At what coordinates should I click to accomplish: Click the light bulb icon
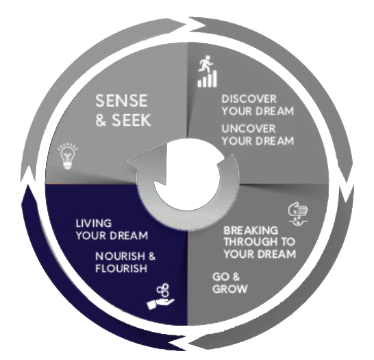point(68,156)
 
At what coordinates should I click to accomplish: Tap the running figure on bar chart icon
point(208,71)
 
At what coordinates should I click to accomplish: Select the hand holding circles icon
point(160,296)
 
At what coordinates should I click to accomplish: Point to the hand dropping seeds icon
point(298,214)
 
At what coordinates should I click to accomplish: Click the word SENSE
point(121,101)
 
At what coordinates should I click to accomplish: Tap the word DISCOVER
point(249,99)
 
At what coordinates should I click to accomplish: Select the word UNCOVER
point(249,129)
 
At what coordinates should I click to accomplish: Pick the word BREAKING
point(251,230)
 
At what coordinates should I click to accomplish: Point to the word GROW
point(229,289)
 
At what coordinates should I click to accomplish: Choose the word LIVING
point(94,224)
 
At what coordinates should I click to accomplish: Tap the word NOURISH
point(121,256)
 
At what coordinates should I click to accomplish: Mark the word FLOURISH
point(121,268)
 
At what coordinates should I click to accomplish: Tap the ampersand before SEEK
point(101,120)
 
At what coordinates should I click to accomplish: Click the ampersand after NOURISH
point(151,256)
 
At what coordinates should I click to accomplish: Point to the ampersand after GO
point(236,277)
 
